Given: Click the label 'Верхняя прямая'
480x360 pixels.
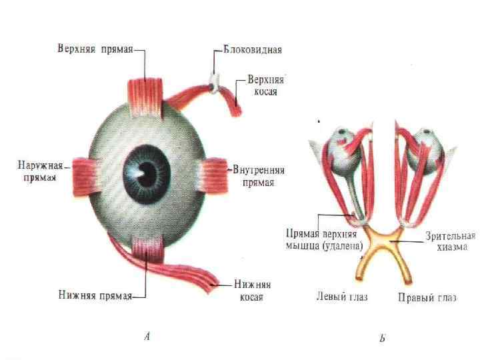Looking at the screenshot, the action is (x=94, y=49).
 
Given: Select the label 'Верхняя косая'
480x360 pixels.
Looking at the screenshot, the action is (x=265, y=84).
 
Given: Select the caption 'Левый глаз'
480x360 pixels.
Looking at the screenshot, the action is (x=341, y=296).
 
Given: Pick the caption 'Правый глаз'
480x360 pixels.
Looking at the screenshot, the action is (x=427, y=297).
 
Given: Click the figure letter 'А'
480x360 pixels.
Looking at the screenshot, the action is (x=147, y=337).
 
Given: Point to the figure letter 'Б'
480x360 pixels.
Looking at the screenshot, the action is (x=383, y=339).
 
